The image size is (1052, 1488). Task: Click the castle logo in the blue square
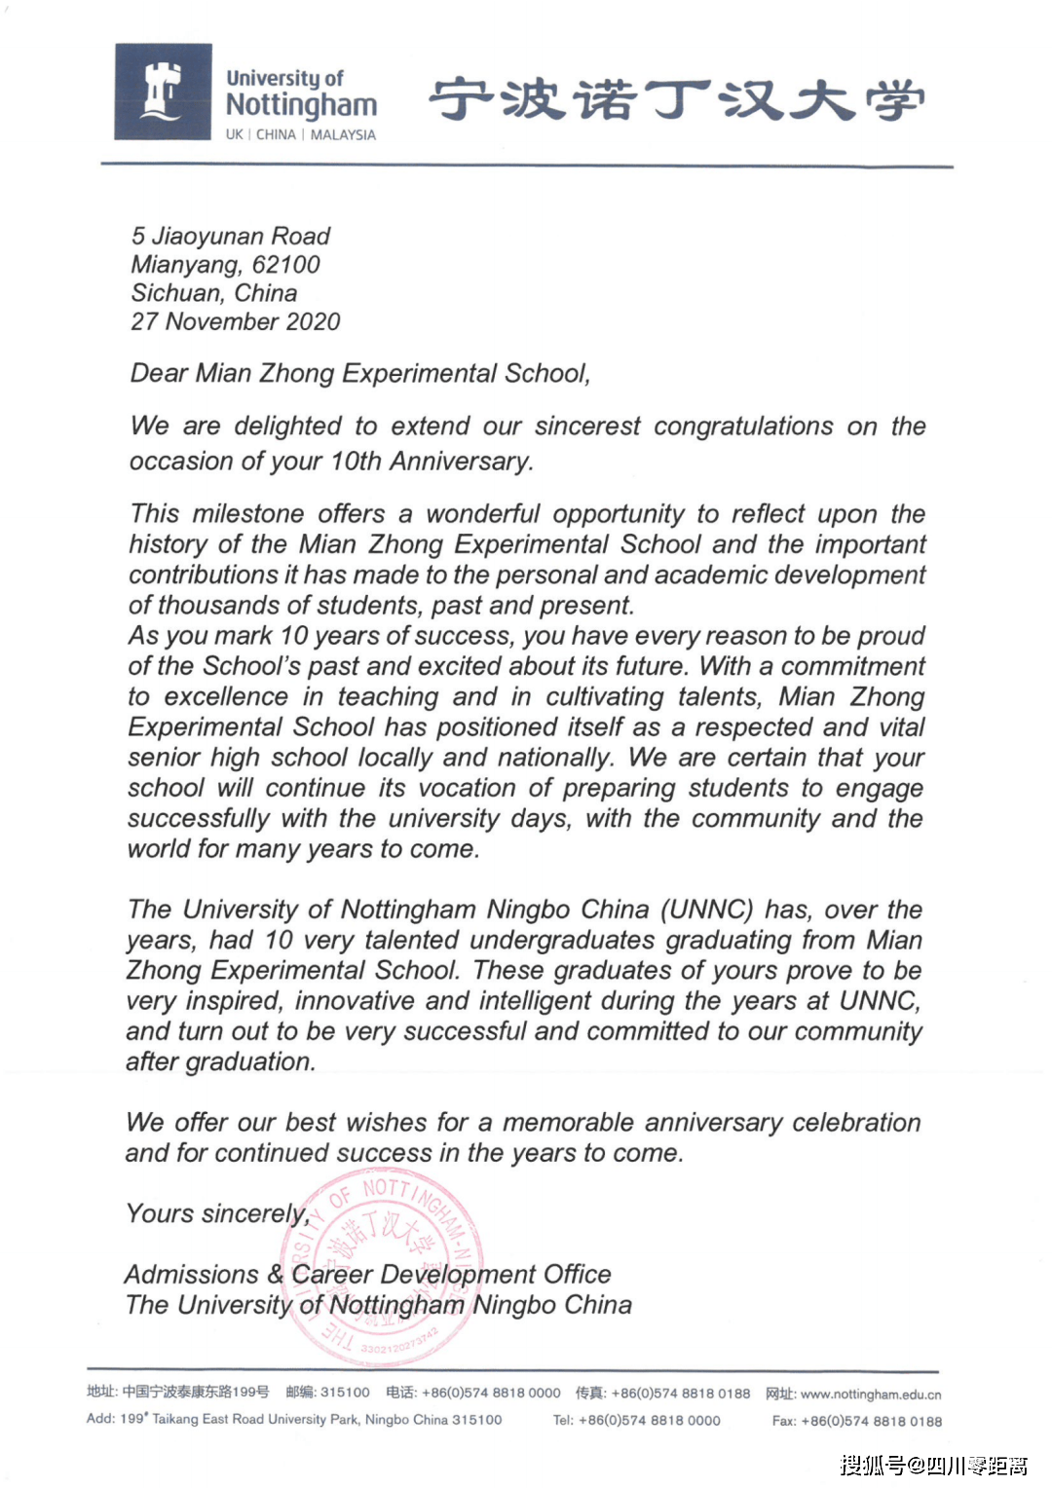click(163, 92)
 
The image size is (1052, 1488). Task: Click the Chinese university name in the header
click(676, 100)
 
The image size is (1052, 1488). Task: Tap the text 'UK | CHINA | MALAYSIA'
click(300, 134)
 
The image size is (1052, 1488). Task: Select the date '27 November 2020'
click(236, 321)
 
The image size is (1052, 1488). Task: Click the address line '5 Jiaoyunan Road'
click(231, 236)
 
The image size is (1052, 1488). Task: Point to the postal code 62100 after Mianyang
click(285, 265)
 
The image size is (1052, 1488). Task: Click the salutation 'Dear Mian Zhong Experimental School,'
click(360, 374)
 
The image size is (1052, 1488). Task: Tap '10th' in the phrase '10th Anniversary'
click(356, 461)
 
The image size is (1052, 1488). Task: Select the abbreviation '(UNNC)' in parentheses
click(706, 910)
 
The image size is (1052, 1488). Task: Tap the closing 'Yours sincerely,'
click(217, 1214)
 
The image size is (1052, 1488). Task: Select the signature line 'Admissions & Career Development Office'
click(367, 1275)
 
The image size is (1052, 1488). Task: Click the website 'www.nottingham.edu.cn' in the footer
click(870, 1395)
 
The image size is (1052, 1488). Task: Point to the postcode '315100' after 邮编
click(345, 1393)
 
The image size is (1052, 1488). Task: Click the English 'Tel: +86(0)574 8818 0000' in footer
click(637, 1421)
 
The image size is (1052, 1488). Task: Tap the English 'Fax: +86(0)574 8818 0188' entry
click(857, 1422)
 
